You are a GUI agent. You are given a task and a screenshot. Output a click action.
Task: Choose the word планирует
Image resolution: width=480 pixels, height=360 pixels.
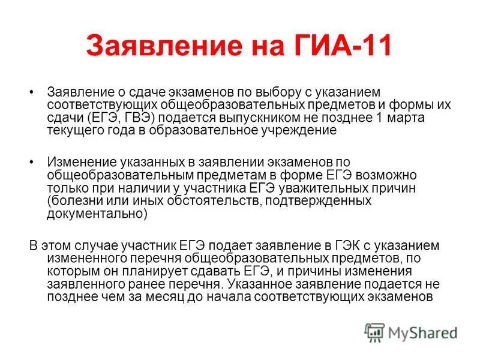coord(146,271)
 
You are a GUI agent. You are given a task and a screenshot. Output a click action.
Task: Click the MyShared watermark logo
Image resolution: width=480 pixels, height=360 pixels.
coord(412,332)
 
